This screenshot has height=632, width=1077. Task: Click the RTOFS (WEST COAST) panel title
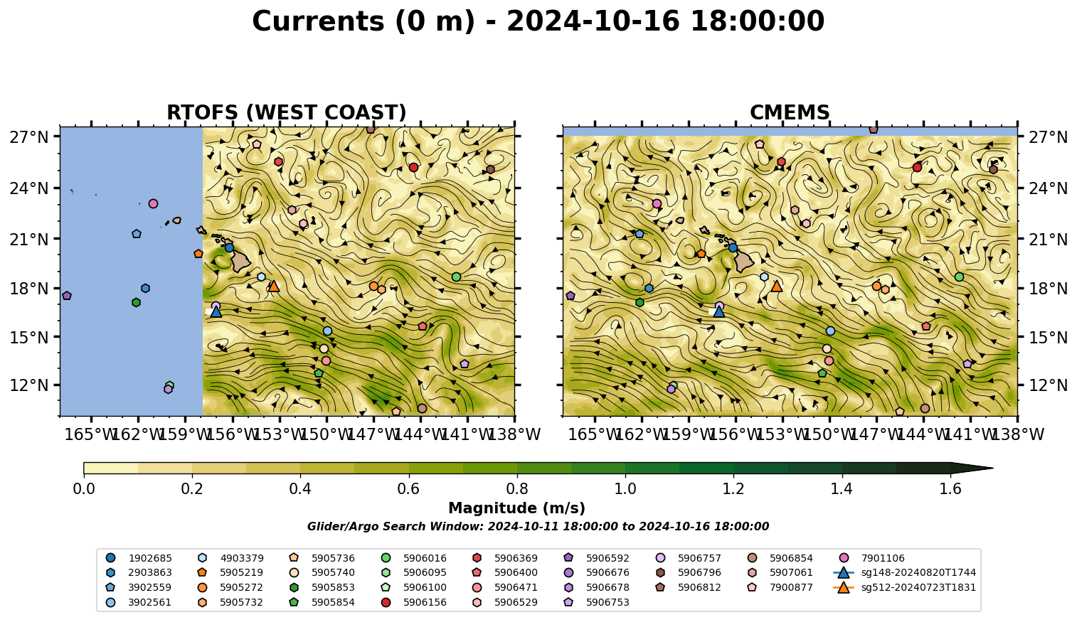pyautogui.click(x=287, y=112)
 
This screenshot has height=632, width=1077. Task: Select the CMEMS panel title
pyautogui.click(x=790, y=112)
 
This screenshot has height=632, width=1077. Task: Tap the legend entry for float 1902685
pyautogui.click(x=139, y=558)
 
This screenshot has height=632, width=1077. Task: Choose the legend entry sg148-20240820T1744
pyautogui.click(x=904, y=572)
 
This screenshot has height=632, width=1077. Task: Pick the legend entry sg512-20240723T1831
pyautogui.click(x=904, y=587)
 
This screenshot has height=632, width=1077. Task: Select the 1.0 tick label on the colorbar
pyautogui.click(x=625, y=489)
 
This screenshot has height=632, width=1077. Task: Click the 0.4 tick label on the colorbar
pyautogui.click(x=300, y=489)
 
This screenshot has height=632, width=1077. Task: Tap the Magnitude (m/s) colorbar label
pyautogui.click(x=517, y=508)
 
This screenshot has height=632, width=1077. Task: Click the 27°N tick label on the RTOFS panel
pyautogui.click(x=29, y=137)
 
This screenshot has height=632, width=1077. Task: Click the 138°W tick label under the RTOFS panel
pyautogui.click(x=514, y=434)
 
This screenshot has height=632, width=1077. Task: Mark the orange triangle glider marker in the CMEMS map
pyautogui.click(x=777, y=286)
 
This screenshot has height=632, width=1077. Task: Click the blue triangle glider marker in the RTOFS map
pyautogui.click(x=216, y=311)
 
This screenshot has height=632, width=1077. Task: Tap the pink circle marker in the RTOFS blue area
pyautogui.click(x=153, y=204)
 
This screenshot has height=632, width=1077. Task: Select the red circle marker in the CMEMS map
pyautogui.click(x=917, y=167)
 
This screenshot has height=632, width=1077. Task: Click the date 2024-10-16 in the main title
pyautogui.click(x=593, y=21)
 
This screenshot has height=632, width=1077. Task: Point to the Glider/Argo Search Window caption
pyautogui.click(x=538, y=526)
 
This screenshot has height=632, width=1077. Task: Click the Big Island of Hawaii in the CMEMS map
pyautogui.click(x=744, y=262)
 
